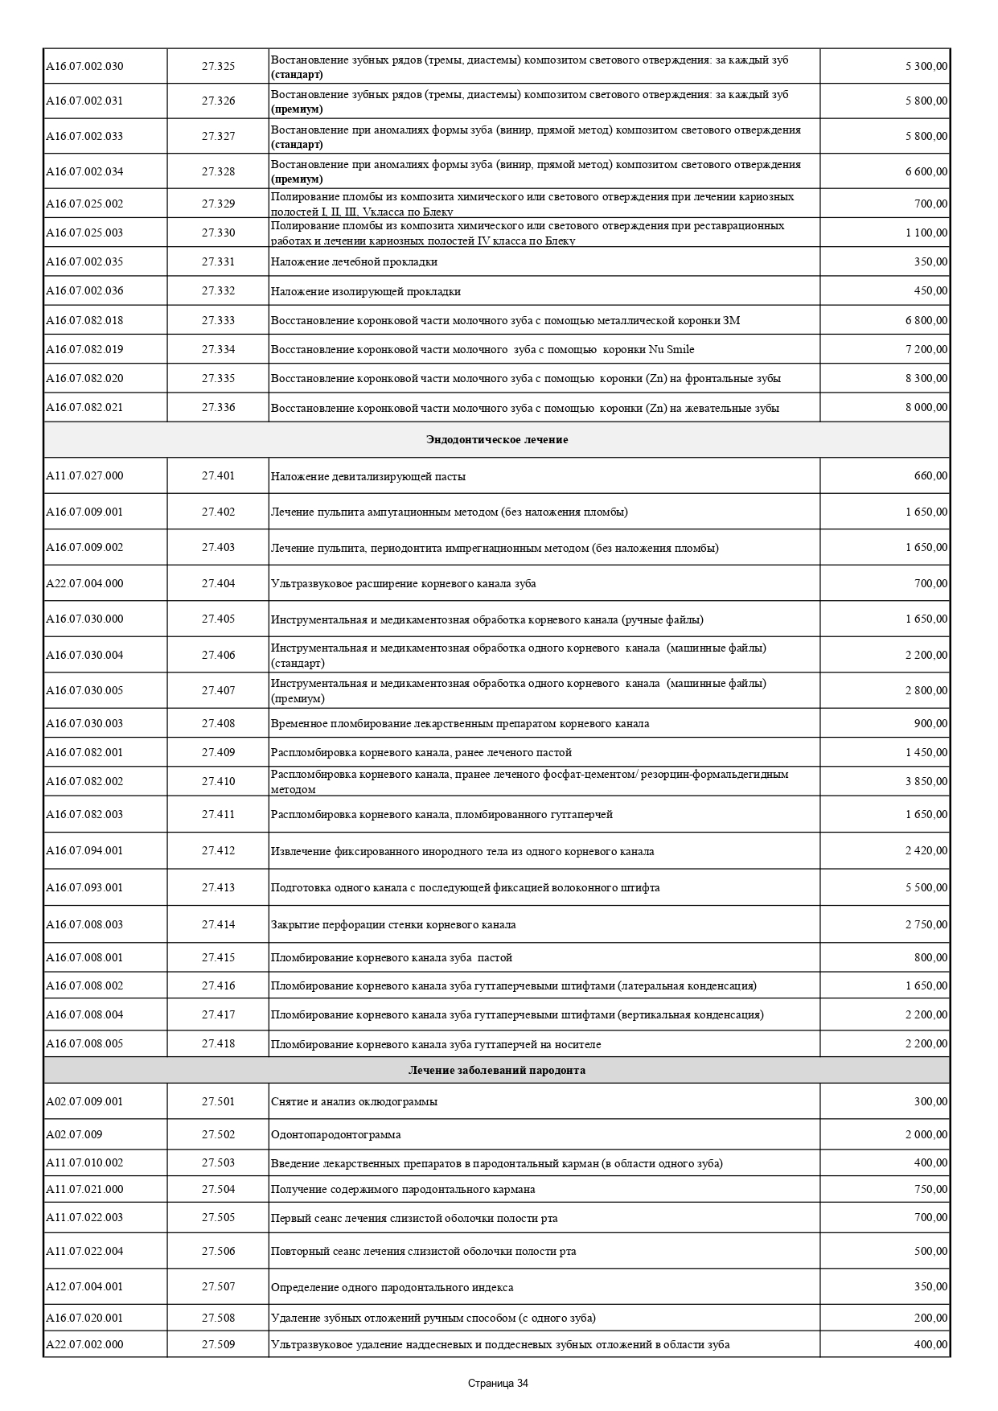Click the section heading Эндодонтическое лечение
496,440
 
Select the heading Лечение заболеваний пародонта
496,1071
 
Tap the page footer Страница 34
498,1384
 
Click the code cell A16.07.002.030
84,66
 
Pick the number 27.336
218,408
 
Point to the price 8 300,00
926,378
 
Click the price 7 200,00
926,349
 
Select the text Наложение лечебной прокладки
354,262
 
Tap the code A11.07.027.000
84,476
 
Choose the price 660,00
930,476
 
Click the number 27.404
218,583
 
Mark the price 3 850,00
926,781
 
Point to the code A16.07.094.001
84,851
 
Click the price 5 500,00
926,887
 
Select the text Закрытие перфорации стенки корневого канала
393,925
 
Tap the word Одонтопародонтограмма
335,1135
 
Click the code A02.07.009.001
84,1101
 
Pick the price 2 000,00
926,1134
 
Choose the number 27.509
218,1345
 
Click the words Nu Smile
671,350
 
